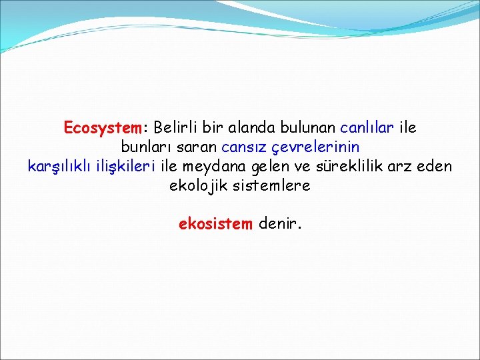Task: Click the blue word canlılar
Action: pyautogui.click(x=367, y=127)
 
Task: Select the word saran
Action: pyautogui.click(x=196, y=147)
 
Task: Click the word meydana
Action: pyautogui.click(x=216, y=166)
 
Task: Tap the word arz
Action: pyautogui.click(x=399, y=166)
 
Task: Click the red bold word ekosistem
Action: pyautogui.click(x=215, y=224)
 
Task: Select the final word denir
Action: pyautogui.click(x=279, y=224)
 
